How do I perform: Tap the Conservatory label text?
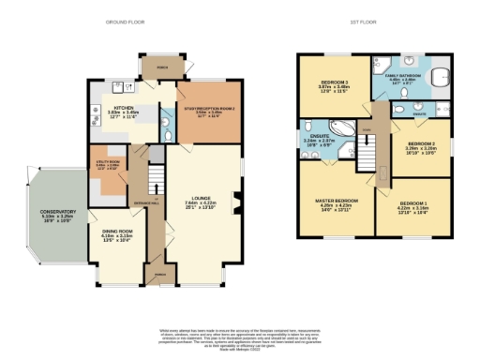[58, 213]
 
